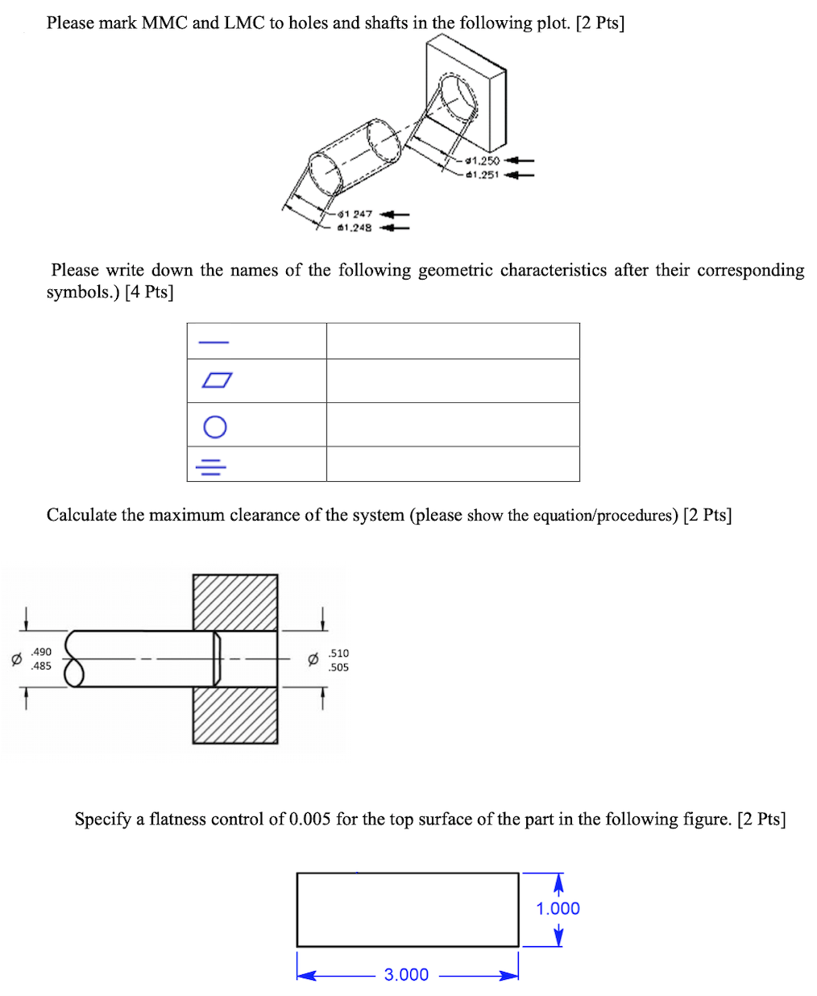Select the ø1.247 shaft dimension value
coord(355,214)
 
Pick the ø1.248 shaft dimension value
coord(355,228)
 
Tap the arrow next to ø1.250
coord(519,160)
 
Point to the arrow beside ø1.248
coord(394,228)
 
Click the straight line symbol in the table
coord(214,342)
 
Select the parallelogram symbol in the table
coord(217,380)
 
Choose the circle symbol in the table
coord(215,426)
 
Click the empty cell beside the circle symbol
coord(453,425)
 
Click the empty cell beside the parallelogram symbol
coord(453,380)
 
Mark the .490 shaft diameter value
coord(41,651)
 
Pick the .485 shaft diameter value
coord(41,666)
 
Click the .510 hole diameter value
coord(339,653)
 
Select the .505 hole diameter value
coord(339,667)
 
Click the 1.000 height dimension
coord(558,908)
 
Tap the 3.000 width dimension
coord(406,974)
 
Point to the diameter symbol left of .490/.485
coord(15,659)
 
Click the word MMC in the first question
coord(164,23)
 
